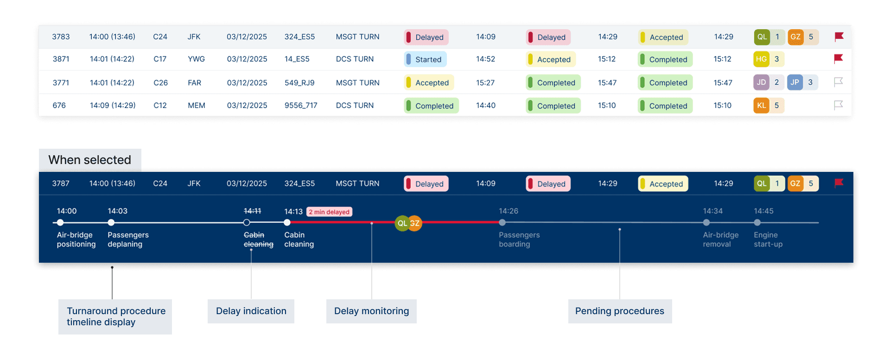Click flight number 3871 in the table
[61, 59]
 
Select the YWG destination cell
[196, 59]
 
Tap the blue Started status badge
[425, 59]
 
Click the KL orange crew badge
[761, 106]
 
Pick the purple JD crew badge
[761, 82]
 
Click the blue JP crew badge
[795, 82]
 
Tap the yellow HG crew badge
[761, 59]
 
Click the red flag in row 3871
[838, 59]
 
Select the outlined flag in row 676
[838, 105]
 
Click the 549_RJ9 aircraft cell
[299, 83]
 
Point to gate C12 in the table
[160, 106]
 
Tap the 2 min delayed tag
[329, 212]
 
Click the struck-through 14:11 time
[252, 211]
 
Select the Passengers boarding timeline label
[519, 240]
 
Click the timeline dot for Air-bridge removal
[706, 223]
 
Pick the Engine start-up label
[768, 240]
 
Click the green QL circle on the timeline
[401, 223]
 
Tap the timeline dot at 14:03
[111, 223]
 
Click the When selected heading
[89, 160]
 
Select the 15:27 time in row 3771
[485, 83]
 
